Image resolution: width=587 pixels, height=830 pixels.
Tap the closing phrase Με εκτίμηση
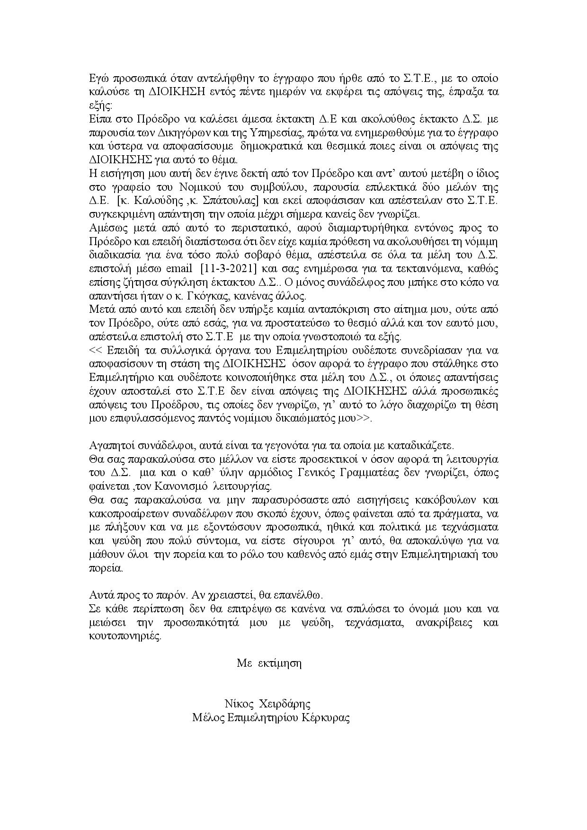tap(269, 663)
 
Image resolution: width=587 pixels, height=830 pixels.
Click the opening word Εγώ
tap(98, 78)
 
